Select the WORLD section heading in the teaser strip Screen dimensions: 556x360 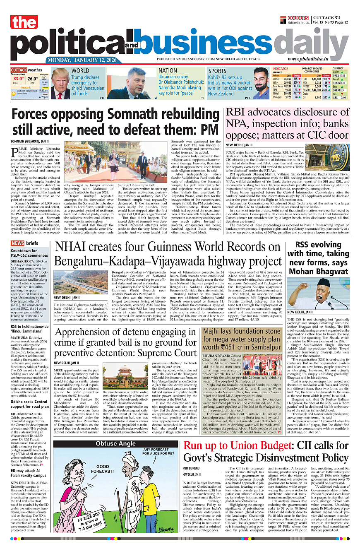pyautogui.click(x=80, y=71)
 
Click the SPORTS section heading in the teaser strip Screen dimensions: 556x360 pyautogui.click(x=217, y=71)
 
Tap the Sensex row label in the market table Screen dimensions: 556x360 pyautogui.click(x=276, y=79)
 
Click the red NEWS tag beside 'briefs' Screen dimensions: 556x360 pyautogui.click(x=17, y=243)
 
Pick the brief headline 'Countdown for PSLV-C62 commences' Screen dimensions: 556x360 pyautogui.click(x=29, y=253)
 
